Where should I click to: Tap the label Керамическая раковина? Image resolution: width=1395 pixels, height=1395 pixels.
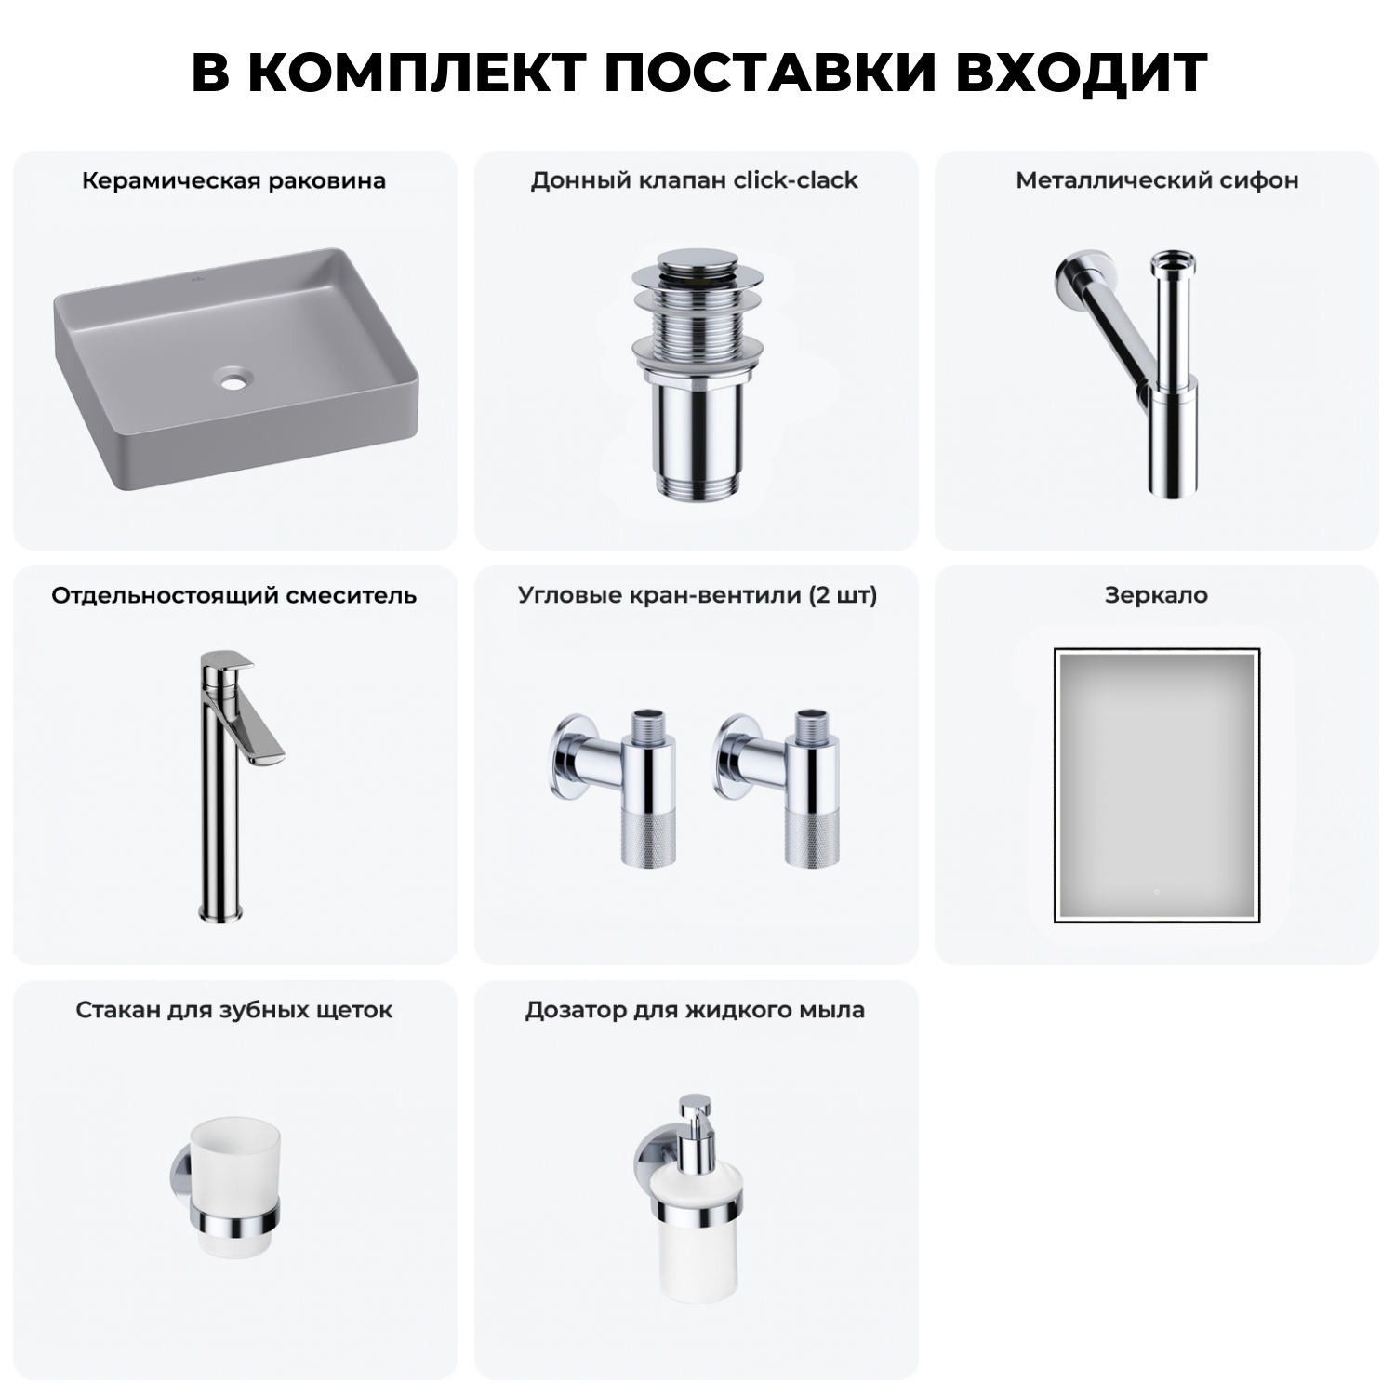click(233, 180)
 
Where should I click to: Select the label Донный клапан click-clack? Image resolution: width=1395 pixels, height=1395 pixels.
click(694, 180)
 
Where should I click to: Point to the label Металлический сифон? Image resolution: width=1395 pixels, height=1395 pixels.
click(1157, 180)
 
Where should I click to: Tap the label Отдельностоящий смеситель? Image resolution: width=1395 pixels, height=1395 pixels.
click(233, 595)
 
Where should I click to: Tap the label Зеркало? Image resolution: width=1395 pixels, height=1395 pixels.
click(1156, 595)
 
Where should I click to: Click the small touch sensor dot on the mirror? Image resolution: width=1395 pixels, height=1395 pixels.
click(1156, 891)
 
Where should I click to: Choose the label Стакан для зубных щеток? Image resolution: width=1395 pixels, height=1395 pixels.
click(233, 1010)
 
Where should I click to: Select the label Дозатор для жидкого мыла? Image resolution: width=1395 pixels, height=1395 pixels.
click(694, 1010)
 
